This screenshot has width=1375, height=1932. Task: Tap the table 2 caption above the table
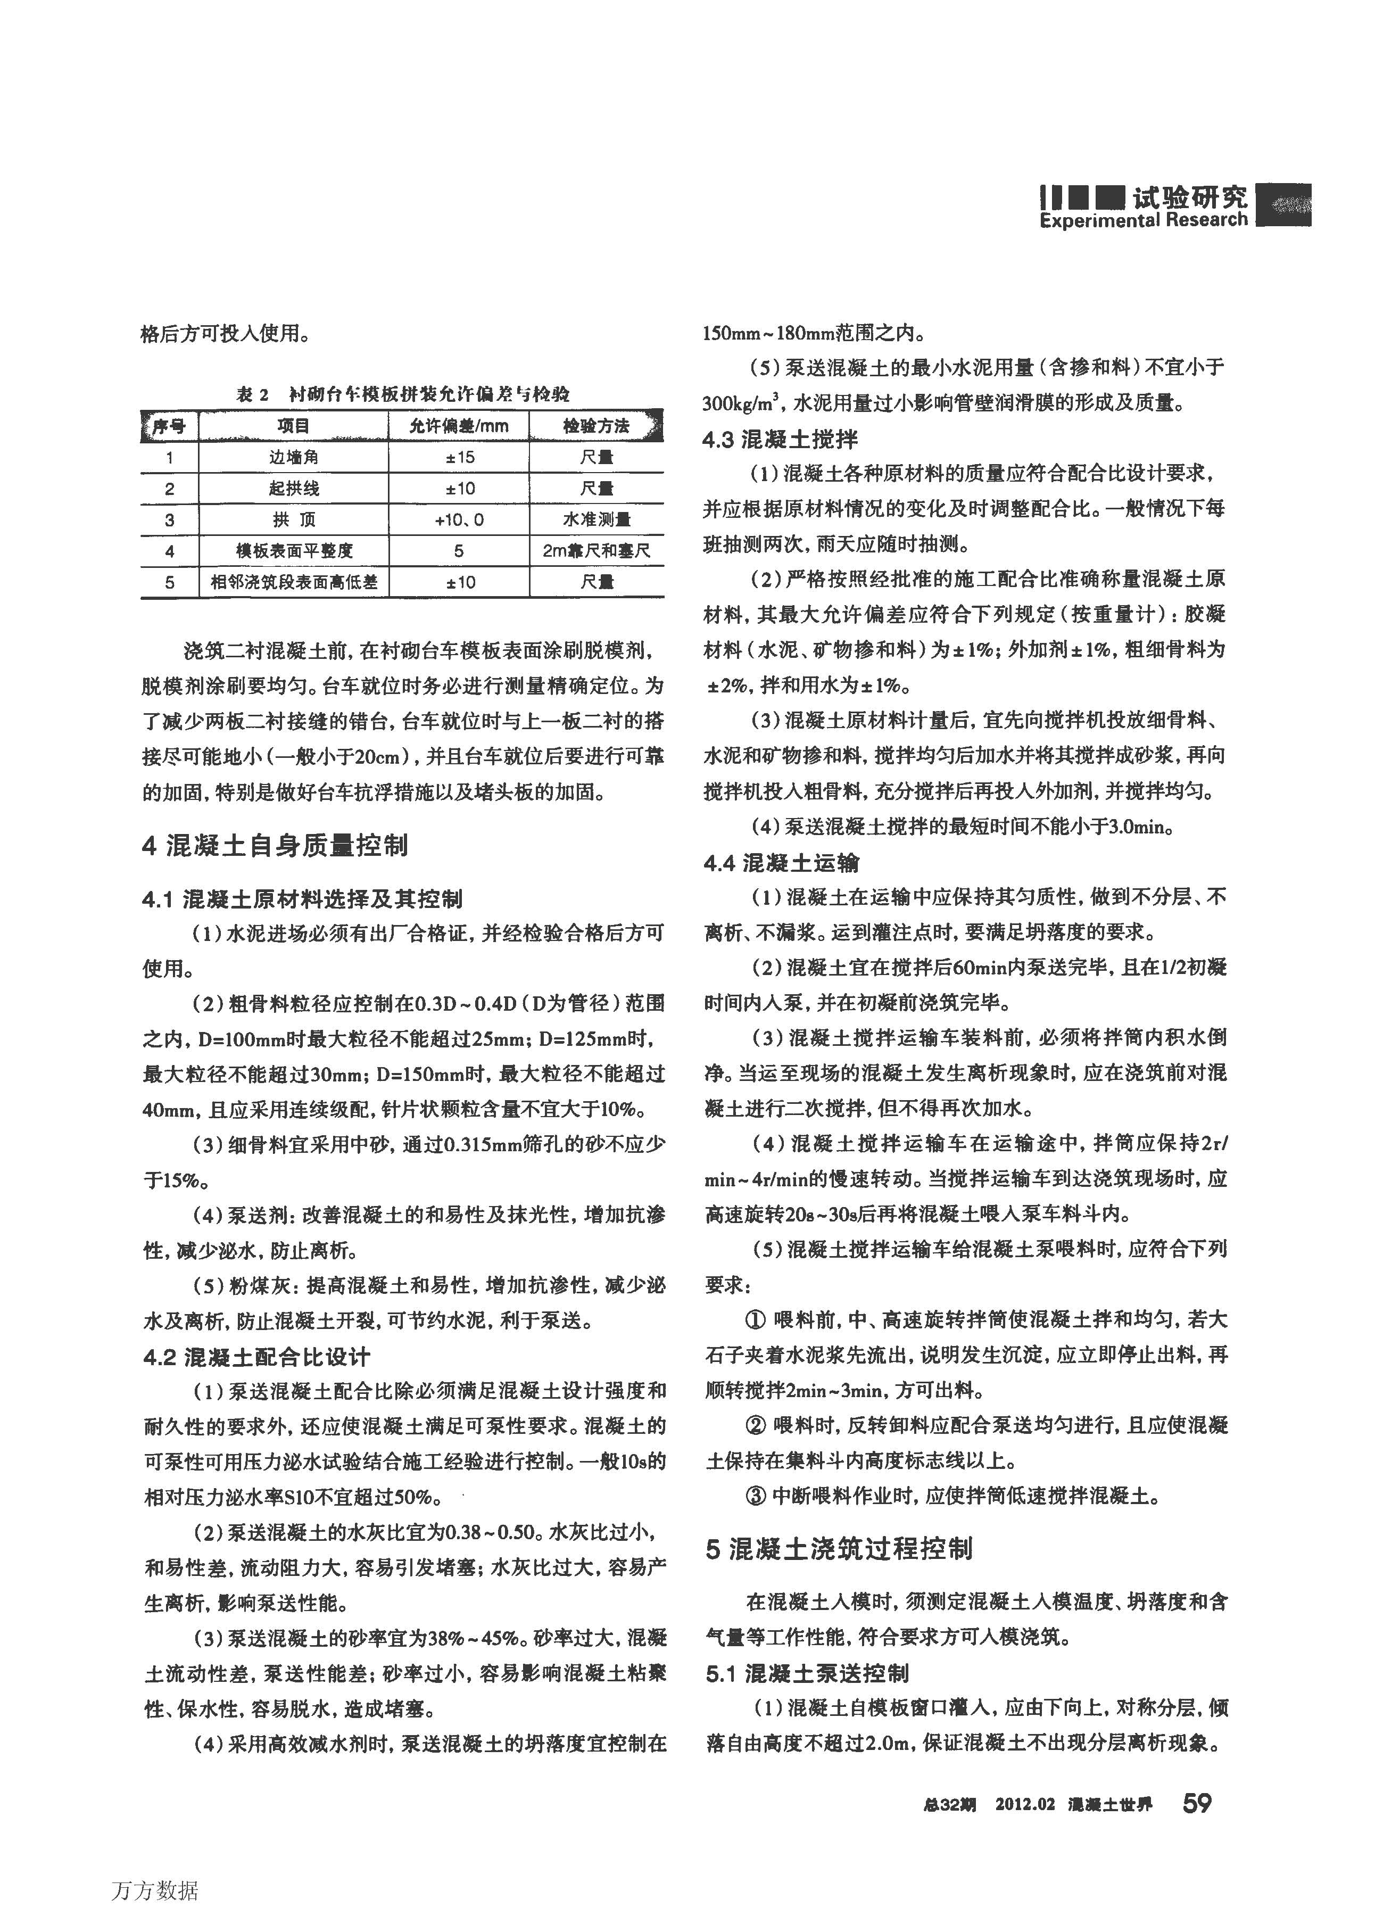[x=402, y=394]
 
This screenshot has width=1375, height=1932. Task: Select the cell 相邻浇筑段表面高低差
[x=294, y=582]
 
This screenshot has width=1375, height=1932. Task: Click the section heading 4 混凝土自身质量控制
[x=275, y=845]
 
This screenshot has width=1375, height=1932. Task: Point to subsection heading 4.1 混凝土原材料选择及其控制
[x=302, y=898]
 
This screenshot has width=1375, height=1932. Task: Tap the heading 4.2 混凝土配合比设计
[x=256, y=1357]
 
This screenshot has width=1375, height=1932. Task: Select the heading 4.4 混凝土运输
[x=781, y=863]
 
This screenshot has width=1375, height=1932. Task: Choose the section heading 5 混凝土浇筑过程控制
[x=839, y=1548]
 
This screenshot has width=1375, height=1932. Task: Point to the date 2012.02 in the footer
[x=1024, y=1804]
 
